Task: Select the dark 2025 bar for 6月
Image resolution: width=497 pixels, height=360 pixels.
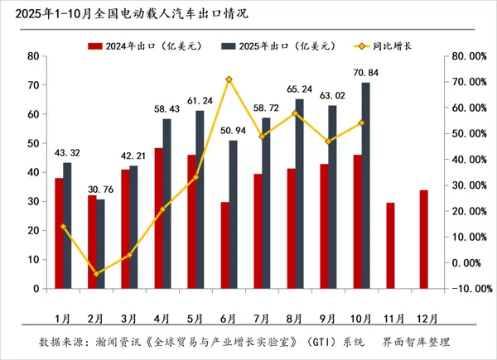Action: click(233, 215)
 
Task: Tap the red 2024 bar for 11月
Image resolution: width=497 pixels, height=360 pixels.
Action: click(391, 246)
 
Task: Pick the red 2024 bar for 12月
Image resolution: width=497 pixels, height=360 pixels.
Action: click(423, 240)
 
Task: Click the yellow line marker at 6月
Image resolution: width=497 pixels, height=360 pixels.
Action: click(229, 79)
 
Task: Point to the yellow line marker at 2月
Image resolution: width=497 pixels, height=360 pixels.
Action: click(95, 273)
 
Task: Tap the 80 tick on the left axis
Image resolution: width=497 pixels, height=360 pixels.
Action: click(34, 56)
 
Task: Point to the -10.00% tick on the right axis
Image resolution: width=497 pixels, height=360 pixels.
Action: click(470, 289)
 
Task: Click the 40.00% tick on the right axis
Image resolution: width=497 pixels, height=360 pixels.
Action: click(470, 159)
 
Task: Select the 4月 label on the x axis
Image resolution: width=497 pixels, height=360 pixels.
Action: click(163, 316)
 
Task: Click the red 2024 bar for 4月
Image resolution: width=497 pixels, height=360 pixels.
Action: click(157, 219)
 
